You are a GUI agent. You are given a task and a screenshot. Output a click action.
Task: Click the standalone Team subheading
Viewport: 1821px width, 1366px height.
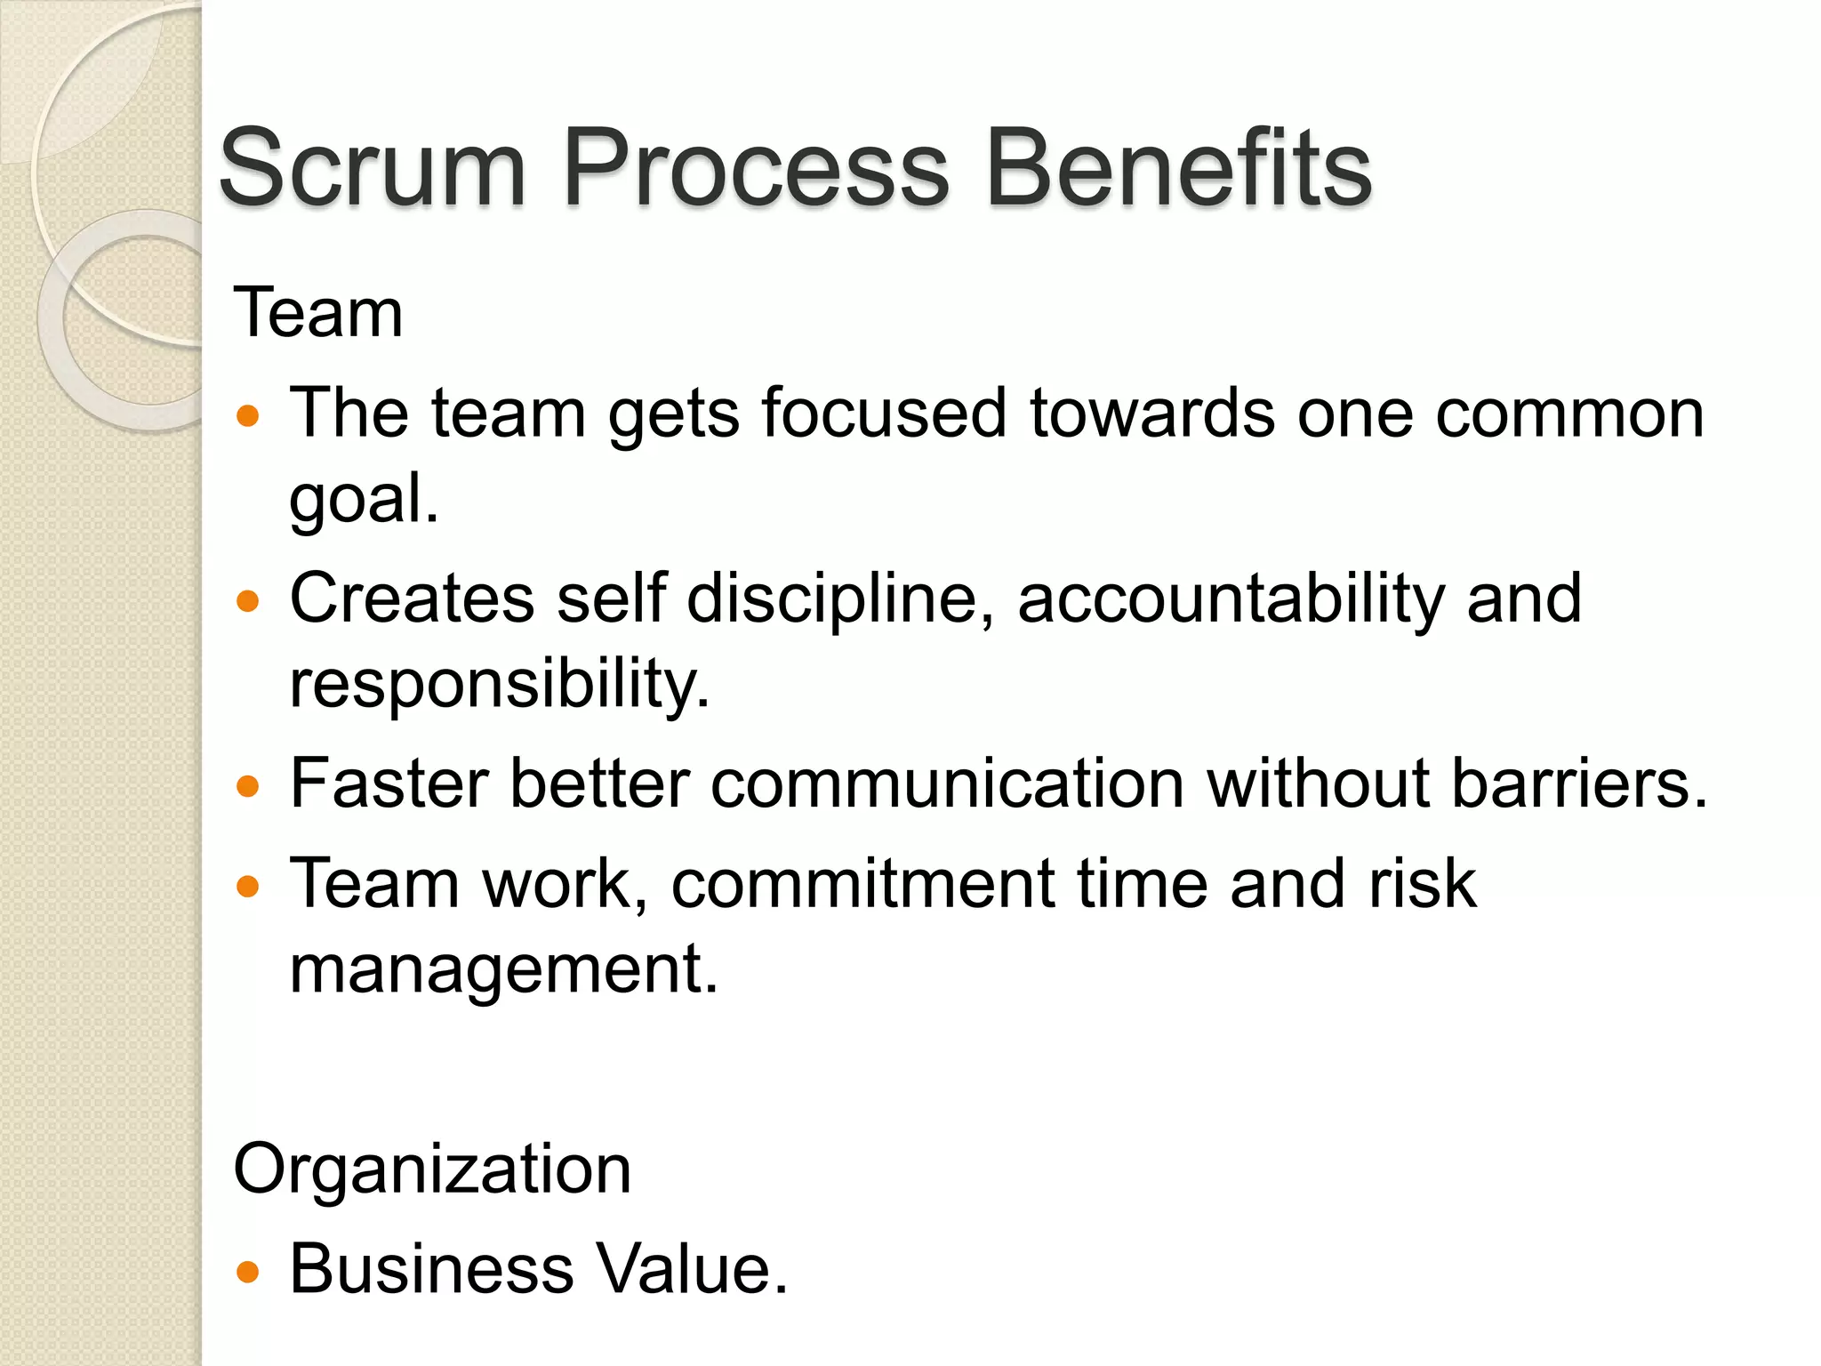pyautogui.click(x=318, y=313)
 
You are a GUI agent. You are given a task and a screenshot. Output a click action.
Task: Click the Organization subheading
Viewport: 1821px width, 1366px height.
pyautogui.click(x=432, y=1169)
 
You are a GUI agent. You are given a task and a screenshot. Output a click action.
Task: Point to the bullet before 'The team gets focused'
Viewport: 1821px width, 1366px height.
pyautogui.click(x=248, y=415)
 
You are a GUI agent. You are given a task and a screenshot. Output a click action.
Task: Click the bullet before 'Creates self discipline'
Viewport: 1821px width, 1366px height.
pyautogui.click(x=248, y=601)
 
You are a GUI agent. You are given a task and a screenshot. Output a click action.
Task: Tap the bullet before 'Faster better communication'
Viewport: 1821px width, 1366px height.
pyautogui.click(x=248, y=786)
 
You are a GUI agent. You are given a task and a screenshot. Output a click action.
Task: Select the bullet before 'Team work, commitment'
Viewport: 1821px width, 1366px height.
pyautogui.click(x=248, y=886)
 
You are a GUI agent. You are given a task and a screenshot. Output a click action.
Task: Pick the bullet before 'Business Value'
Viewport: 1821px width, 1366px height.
pyautogui.click(x=248, y=1271)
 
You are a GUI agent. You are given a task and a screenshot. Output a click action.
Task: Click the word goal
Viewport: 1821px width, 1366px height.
pyautogui.click(x=363, y=500)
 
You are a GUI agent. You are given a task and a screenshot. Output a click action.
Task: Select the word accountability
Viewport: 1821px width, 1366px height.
pyautogui.click(x=1231, y=598)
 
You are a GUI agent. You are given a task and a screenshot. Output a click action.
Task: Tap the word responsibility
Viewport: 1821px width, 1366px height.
pyautogui.click(x=499, y=684)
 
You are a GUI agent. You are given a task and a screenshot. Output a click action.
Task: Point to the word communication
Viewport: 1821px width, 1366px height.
pyautogui.click(x=947, y=783)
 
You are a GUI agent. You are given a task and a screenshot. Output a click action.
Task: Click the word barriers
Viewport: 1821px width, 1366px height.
pyautogui.click(x=1579, y=783)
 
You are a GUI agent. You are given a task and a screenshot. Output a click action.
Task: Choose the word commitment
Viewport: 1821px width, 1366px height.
pyautogui.click(x=863, y=884)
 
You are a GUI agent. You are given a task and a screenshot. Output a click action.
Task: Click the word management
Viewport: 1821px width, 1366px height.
pyautogui.click(x=502, y=968)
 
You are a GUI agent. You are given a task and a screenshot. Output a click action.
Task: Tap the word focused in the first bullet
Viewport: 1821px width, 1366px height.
pyautogui.click(x=882, y=414)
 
